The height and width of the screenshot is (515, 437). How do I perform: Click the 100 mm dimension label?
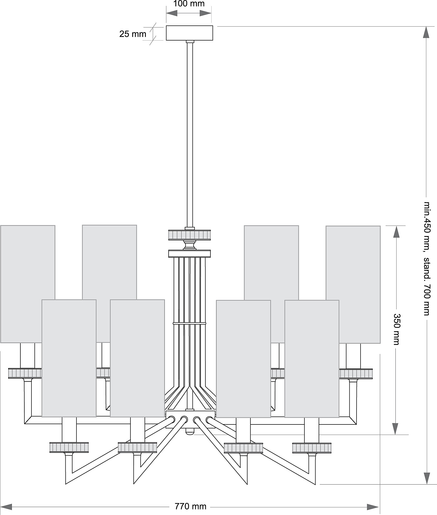click(x=189, y=4)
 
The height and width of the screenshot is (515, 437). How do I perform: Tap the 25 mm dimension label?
click(x=133, y=34)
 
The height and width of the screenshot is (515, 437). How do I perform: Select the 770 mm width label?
click(x=190, y=506)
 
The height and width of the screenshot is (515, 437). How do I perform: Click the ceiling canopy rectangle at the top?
click(x=190, y=33)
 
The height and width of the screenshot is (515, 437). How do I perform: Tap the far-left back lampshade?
click(x=28, y=284)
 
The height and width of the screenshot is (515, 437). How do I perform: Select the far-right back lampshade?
click(x=353, y=285)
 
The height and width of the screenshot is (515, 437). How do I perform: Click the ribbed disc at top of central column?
click(x=190, y=235)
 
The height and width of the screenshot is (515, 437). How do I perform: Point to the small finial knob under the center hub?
click(x=190, y=431)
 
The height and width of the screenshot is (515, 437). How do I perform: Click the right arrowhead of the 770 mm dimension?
click(x=373, y=507)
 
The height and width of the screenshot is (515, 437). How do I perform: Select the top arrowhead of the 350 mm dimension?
click(x=396, y=232)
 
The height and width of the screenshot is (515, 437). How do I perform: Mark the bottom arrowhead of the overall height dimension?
click(x=426, y=478)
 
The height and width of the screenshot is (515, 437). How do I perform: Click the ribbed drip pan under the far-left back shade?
click(x=25, y=373)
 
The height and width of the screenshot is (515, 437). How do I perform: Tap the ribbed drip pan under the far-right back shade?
click(x=356, y=374)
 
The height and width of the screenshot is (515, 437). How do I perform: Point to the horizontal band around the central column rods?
click(x=190, y=323)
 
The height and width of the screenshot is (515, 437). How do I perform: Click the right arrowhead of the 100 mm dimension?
click(x=206, y=13)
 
